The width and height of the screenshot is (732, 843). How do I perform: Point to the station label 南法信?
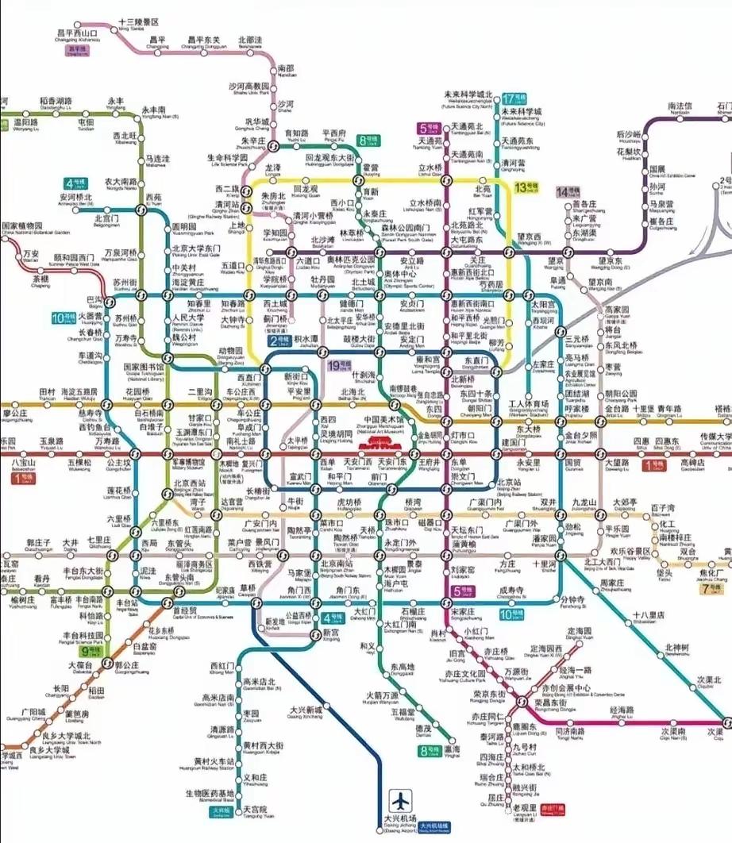(x=680, y=106)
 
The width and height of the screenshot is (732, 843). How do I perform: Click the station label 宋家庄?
(x=461, y=612)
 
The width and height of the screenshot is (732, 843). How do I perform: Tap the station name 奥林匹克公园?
(x=350, y=260)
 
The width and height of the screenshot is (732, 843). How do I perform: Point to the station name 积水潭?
(x=306, y=338)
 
